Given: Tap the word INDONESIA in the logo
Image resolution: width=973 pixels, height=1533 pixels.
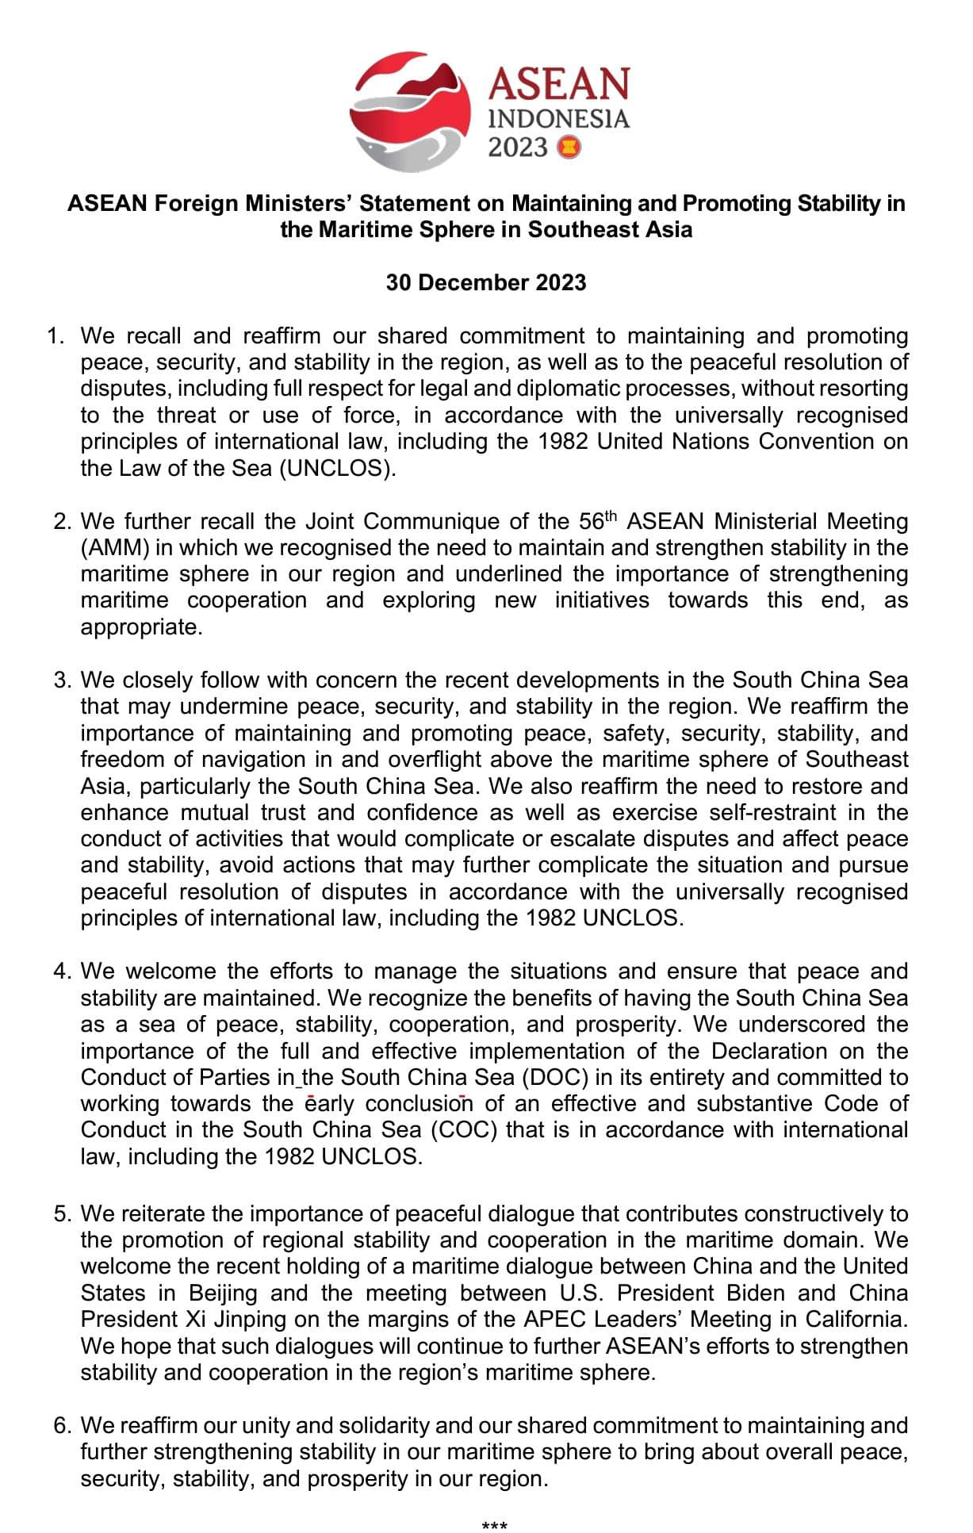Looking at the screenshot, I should (559, 119).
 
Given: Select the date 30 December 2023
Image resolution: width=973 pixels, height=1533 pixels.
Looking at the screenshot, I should (486, 282).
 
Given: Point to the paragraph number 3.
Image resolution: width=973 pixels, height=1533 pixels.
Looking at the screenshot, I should (62, 680).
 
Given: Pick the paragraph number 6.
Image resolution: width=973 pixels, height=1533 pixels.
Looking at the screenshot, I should (62, 1426).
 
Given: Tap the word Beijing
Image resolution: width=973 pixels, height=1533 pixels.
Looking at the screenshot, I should (223, 1293).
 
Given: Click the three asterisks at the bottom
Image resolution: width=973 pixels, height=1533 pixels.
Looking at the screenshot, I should (494, 1525).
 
